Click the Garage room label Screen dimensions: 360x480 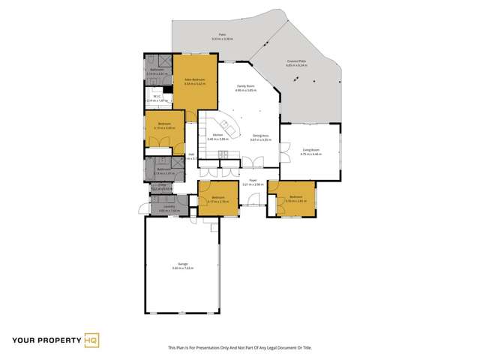pyautogui.click(x=180, y=264)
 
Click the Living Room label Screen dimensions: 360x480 pyautogui.click(x=312, y=150)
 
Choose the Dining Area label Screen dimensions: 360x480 pyautogui.click(x=261, y=136)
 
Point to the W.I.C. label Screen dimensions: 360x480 pyautogui.click(x=157, y=96)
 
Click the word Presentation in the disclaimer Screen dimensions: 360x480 pyautogui.click(x=214, y=348)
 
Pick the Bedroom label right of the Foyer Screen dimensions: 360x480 pyautogui.click(x=295, y=197)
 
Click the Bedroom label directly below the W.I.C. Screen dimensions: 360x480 pyautogui.click(x=163, y=124)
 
